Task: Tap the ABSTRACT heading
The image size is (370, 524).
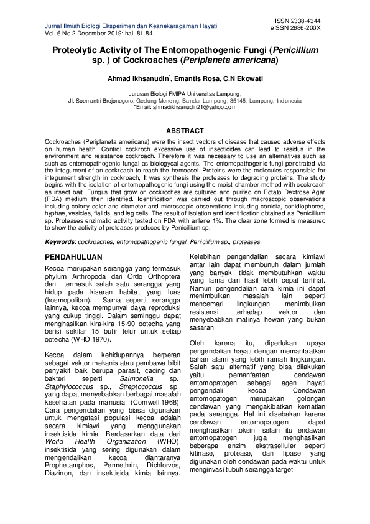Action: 185,131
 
